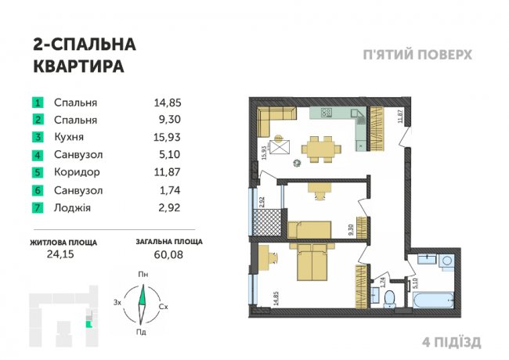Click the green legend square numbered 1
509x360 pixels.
tap(38, 103)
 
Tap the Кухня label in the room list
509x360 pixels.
tap(69, 137)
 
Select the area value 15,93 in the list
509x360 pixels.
tap(167, 137)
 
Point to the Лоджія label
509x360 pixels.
tap(72, 207)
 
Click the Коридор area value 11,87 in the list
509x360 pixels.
tap(167, 172)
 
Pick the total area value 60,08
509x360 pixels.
tap(168, 254)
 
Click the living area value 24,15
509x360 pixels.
tap(60, 254)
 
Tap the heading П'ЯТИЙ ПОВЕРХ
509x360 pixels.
tap(417, 55)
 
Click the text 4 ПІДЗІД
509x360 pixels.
tap(452, 342)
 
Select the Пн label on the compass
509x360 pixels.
tap(143, 275)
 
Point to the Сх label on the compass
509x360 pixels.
tap(164, 307)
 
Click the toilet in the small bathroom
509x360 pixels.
tap(389, 299)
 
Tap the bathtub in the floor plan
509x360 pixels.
tap(432, 301)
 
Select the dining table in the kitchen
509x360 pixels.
tap(321, 149)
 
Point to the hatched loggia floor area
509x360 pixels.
tap(267, 221)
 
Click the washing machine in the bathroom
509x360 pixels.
tap(446, 261)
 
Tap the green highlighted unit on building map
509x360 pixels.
tap(88, 323)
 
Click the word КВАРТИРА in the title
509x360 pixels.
tap(79, 67)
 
